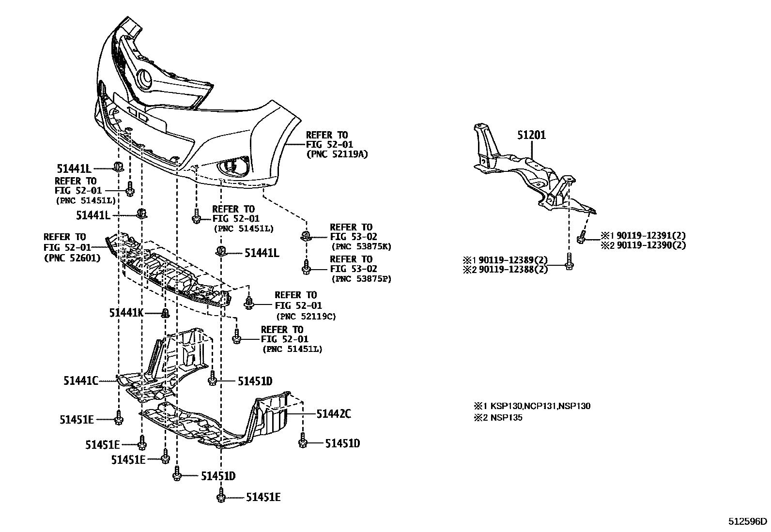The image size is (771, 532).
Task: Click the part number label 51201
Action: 531,135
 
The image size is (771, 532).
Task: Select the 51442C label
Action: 333,414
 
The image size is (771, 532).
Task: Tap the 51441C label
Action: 80,381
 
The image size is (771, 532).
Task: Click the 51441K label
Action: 126,313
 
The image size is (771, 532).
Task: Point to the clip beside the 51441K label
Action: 164,313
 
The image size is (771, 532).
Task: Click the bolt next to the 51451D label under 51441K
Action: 212,380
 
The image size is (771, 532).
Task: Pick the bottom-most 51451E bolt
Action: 221,496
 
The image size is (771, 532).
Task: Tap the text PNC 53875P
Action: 360,279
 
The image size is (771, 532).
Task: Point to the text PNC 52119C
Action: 306,317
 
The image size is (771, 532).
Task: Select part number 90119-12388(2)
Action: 512,269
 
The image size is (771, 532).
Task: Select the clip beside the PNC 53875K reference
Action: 306,236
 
